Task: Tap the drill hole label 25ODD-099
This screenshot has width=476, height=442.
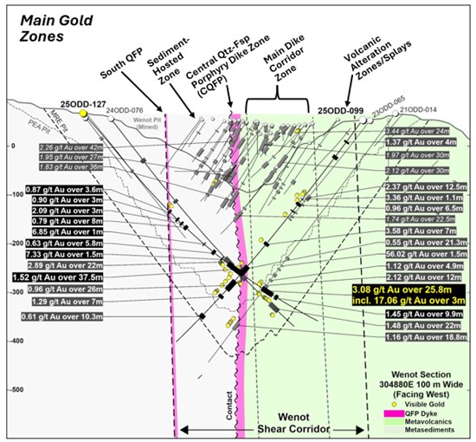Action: tap(339, 111)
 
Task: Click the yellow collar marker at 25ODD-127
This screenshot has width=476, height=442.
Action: tap(83, 114)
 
